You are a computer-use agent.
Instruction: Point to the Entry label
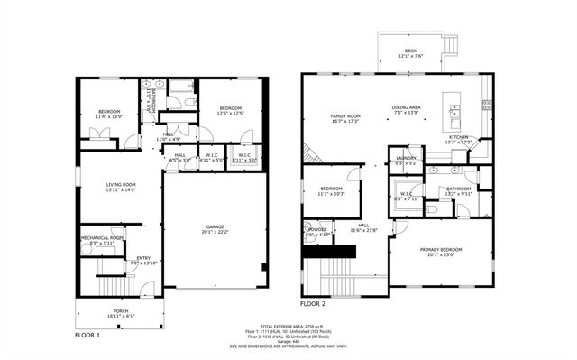(x=144, y=260)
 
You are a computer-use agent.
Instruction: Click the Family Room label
(x=345, y=118)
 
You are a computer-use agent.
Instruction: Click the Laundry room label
(x=406, y=161)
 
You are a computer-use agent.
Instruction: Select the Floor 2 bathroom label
(x=459, y=190)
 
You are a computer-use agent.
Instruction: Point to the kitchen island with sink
(x=454, y=112)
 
